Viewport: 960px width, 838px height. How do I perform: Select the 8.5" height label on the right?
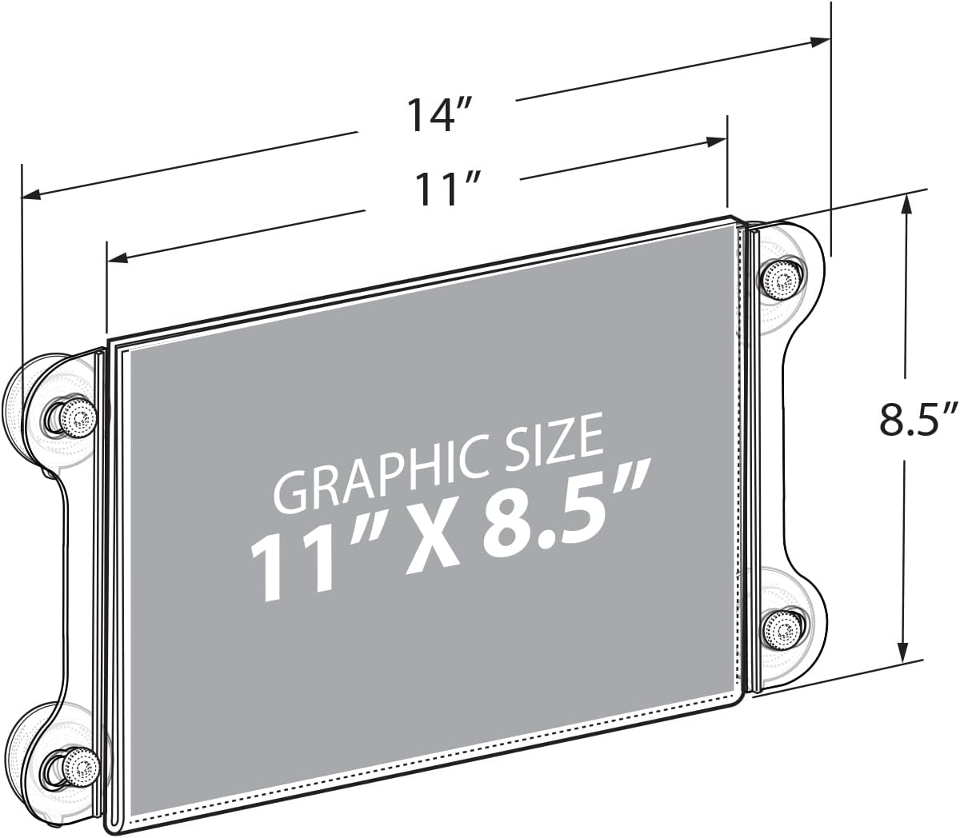[918, 420]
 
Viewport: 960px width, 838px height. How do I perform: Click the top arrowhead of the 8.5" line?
[906, 203]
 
